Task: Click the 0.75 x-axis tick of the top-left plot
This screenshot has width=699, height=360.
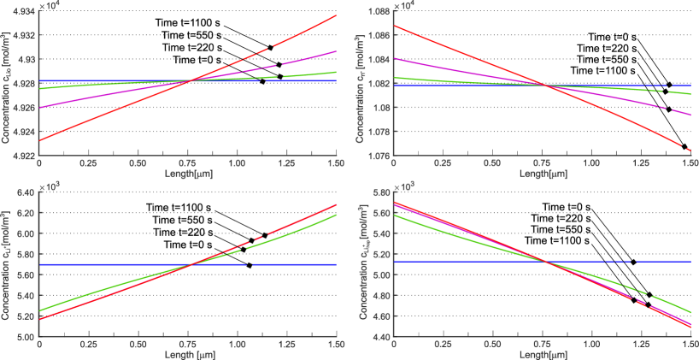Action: (187, 162)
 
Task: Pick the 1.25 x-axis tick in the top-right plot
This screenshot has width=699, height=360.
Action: (640, 162)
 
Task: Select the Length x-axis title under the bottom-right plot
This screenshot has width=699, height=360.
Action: (542, 354)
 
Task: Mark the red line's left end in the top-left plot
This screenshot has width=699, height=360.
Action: (40, 139)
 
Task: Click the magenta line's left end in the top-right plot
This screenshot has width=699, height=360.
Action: (395, 59)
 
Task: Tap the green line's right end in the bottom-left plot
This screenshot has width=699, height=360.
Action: (336, 215)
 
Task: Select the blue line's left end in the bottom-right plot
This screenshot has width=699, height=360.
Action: (395, 261)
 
